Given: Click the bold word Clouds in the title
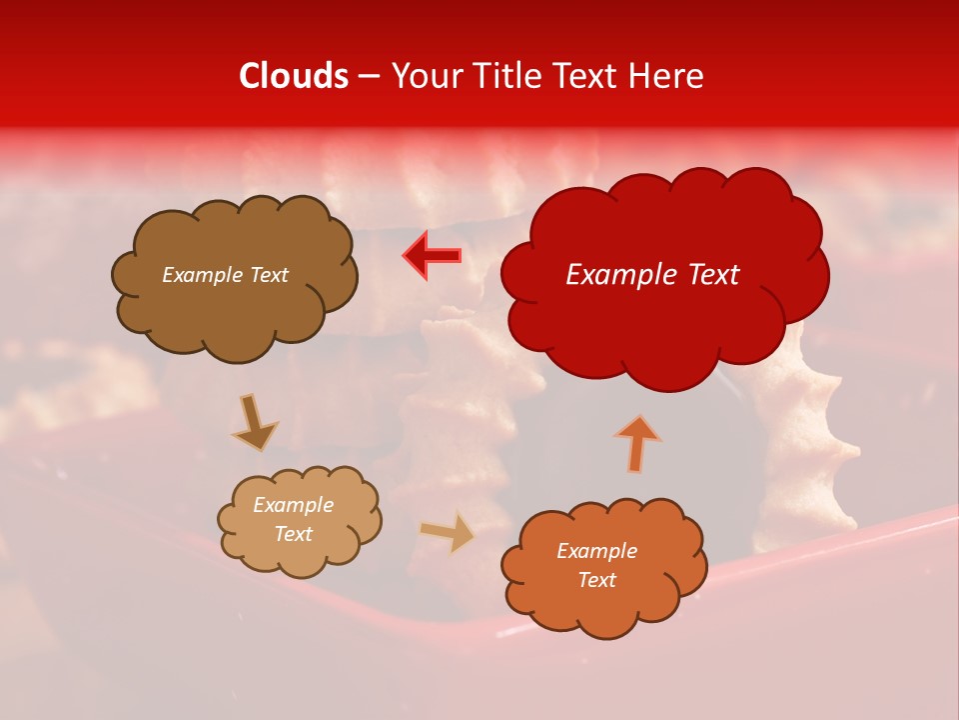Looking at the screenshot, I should click(x=294, y=76).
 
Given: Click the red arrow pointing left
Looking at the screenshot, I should click(x=433, y=256).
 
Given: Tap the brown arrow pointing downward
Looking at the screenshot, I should click(x=255, y=422).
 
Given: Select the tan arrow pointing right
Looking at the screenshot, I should click(x=447, y=533).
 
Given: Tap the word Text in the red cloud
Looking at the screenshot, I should click(x=712, y=275).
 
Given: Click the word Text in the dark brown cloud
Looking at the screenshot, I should click(x=268, y=275).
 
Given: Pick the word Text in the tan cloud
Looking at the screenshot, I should click(x=294, y=534).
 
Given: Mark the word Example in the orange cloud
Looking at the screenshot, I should click(x=596, y=551).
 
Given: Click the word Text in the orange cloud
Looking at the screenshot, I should click(x=596, y=580).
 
